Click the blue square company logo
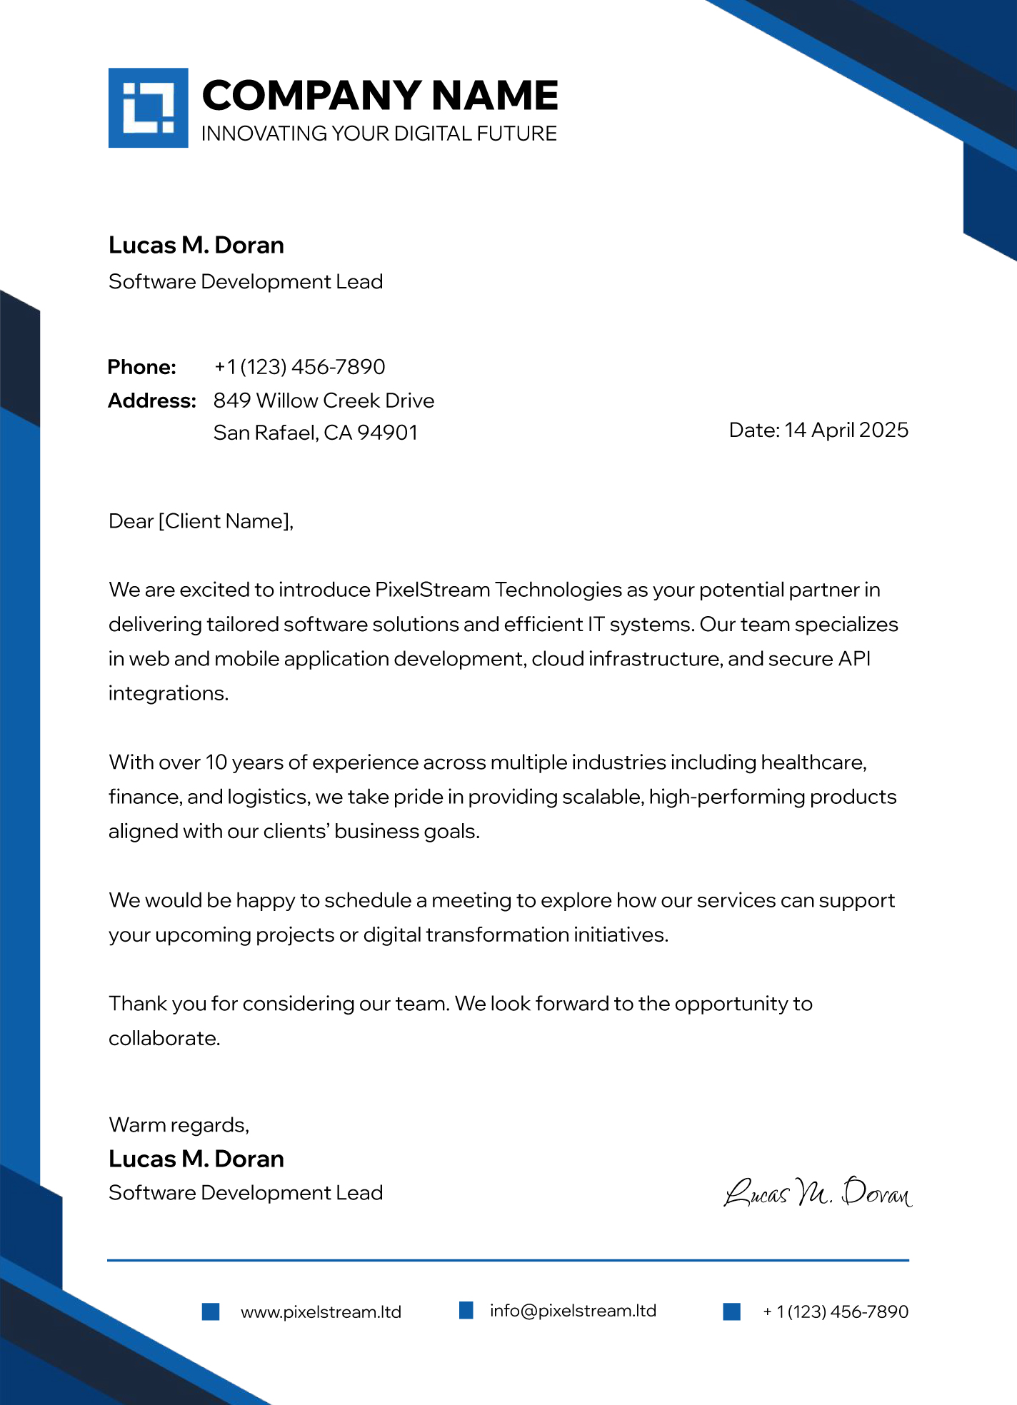pos(148,108)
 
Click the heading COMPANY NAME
pos(379,96)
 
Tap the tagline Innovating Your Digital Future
pos(379,134)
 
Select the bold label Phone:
pos(141,367)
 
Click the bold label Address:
pos(151,401)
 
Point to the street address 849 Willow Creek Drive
pos(324,401)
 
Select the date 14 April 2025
pos(846,430)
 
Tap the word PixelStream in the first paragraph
pos(432,590)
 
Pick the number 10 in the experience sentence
pos(216,762)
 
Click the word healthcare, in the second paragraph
pos(813,762)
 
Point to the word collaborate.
pos(164,1038)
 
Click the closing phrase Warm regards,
pos(179,1125)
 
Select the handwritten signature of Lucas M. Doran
pos(818,1192)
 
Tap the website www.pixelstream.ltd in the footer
pos(321,1312)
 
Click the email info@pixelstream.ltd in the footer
pos(573,1311)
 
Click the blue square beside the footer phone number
pos(731,1311)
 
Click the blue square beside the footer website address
pos(211,1311)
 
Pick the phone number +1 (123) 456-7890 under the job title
pos(299,367)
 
